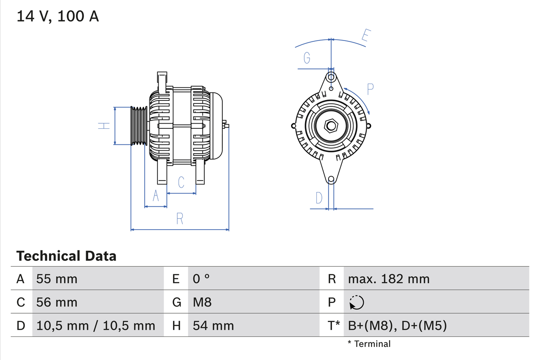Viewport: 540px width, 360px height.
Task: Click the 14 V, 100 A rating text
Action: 58,16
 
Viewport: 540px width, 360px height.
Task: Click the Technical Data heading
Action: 66,256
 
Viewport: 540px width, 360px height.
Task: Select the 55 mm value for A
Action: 57,279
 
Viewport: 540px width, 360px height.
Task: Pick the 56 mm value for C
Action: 57,302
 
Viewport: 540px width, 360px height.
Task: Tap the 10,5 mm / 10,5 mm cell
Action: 96,325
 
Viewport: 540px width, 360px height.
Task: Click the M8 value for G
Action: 202,302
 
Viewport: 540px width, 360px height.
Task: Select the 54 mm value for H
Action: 213,325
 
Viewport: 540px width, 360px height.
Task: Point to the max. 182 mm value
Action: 389,279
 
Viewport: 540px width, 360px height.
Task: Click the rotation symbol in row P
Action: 356,302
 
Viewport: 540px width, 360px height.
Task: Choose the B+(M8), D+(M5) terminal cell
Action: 397,325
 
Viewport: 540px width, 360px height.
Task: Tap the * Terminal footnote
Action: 369,344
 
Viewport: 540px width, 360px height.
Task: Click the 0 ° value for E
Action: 201,279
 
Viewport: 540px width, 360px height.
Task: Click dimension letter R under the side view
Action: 180,219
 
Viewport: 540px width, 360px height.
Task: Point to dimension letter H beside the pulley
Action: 104,126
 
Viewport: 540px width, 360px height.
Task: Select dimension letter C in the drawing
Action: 181,182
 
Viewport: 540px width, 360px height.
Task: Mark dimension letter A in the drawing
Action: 156,196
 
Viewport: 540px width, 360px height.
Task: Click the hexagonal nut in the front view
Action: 331,126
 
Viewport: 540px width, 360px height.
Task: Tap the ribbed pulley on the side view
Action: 138,126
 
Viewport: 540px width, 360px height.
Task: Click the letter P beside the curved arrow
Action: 370,89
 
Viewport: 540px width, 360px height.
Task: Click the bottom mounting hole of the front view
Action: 331,179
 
